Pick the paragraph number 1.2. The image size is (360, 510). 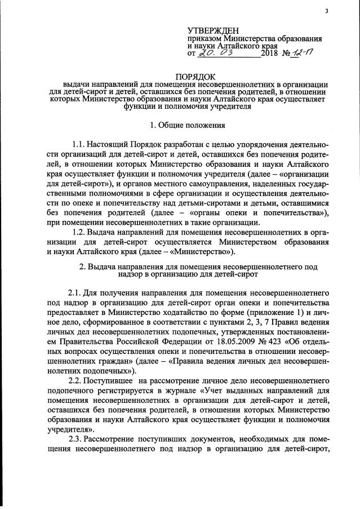(x=83, y=232)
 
